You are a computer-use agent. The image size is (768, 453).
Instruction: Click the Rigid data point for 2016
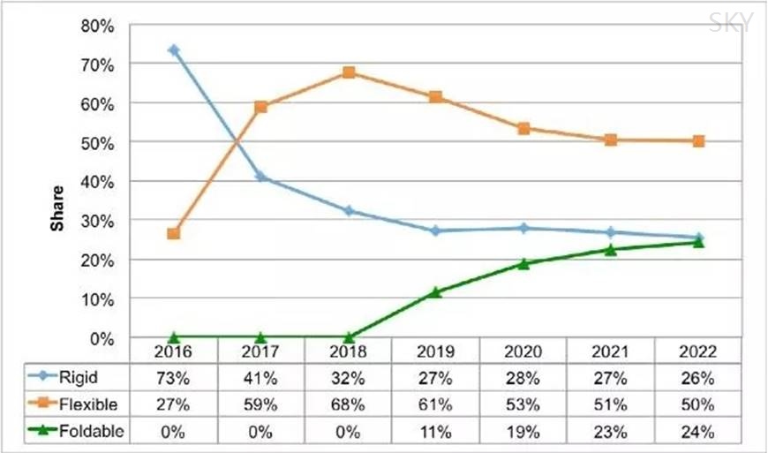(x=174, y=50)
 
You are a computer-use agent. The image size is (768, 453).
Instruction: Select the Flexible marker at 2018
(x=349, y=72)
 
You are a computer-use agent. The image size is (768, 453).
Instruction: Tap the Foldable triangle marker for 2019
(x=435, y=292)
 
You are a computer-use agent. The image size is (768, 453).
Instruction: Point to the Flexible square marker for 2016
(x=174, y=234)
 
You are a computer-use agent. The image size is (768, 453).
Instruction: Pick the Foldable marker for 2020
(x=523, y=263)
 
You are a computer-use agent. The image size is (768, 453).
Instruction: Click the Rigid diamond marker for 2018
(x=349, y=211)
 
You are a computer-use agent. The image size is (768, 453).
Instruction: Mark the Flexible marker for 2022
(x=698, y=141)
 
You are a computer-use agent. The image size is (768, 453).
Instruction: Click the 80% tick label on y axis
(x=98, y=26)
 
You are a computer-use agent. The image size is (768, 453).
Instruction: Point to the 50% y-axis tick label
(x=98, y=142)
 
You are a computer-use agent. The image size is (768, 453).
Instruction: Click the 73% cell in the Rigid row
(x=174, y=379)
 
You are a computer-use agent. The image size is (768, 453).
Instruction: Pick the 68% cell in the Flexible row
(x=349, y=405)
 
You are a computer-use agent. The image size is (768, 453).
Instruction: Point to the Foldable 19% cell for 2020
(x=523, y=432)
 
